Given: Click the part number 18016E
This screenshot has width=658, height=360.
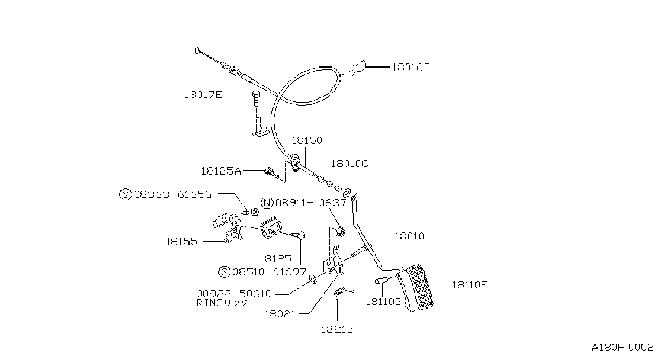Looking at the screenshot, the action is point(411,68).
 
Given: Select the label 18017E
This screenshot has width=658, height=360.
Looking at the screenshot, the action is point(203,95).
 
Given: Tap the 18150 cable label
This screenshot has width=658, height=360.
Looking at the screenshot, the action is point(307,140).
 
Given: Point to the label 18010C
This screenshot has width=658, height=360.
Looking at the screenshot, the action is point(350,163).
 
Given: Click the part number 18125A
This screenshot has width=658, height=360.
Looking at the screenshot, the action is point(221,171).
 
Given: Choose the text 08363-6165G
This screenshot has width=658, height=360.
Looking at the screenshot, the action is point(173,194).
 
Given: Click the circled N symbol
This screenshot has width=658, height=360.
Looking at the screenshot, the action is point(267,203).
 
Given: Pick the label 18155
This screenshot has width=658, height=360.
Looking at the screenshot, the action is point(182,242).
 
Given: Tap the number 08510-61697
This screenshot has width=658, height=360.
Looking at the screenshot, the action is point(269,272).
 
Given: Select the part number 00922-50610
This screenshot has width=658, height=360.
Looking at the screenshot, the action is point(234,294).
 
